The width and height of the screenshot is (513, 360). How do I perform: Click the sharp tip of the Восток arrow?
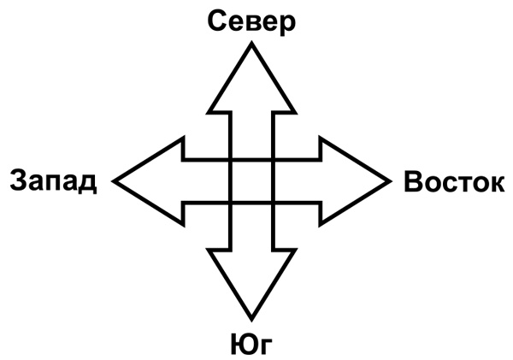click(x=389, y=180)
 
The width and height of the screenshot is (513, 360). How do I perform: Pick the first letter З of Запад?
click(x=17, y=181)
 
